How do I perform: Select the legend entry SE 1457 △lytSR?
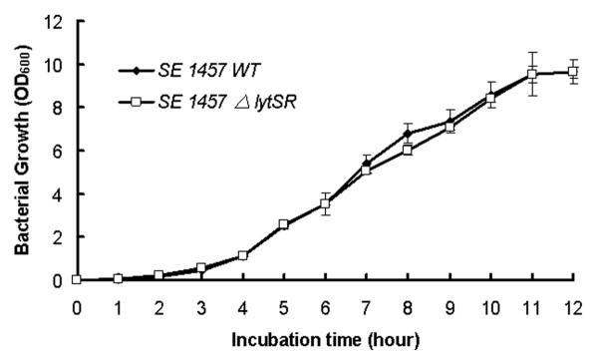(210, 101)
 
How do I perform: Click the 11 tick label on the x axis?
(532, 300)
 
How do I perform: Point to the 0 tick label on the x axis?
(76, 300)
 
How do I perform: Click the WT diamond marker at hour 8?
(408, 134)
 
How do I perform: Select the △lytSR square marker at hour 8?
(408, 150)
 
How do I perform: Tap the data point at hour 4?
(242, 255)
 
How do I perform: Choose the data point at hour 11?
(532, 74)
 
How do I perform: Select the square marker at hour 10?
(490, 97)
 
